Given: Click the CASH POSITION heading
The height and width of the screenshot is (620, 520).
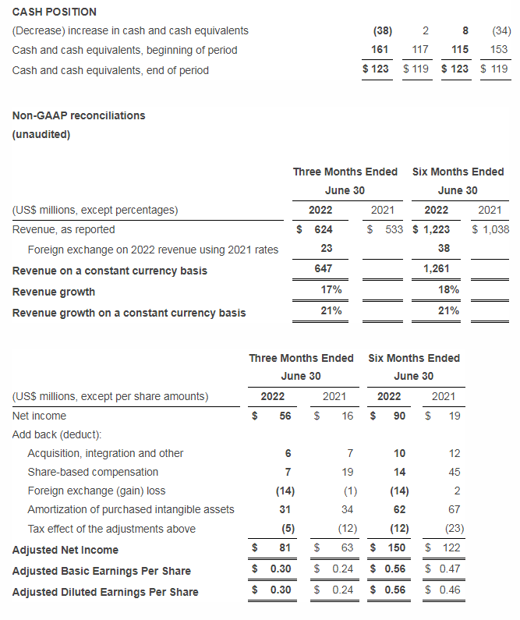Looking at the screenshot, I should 55,12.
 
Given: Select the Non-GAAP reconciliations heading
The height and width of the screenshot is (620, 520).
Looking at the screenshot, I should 79,115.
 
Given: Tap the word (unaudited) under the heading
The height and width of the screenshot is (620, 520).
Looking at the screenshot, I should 41,134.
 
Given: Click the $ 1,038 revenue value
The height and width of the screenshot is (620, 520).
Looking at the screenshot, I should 490,229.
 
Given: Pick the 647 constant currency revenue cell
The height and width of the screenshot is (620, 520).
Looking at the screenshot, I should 322,269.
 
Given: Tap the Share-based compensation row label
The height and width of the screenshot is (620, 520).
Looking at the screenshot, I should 93,472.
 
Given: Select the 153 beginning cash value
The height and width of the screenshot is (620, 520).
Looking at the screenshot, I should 499,50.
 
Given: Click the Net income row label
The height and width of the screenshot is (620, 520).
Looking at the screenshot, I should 40,416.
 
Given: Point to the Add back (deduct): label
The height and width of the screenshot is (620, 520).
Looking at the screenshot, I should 58,434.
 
